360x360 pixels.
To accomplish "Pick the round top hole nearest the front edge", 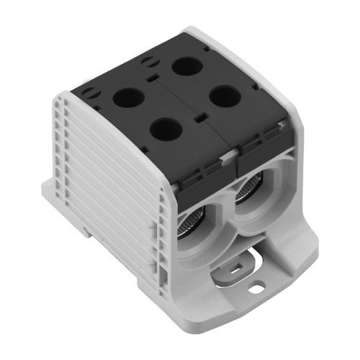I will (x=166, y=130).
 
